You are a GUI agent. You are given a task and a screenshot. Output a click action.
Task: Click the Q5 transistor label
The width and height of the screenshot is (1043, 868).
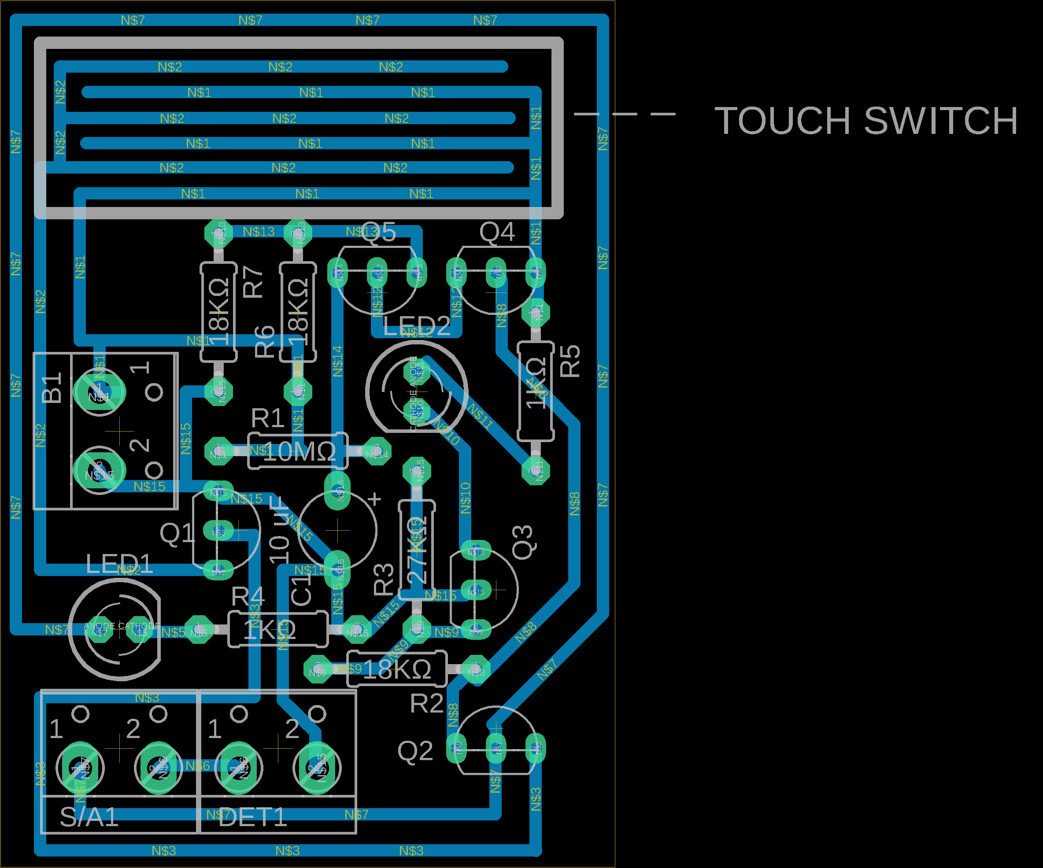click(x=378, y=232)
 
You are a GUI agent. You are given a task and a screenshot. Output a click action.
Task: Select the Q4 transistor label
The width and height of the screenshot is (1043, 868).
click(x=497, y=232)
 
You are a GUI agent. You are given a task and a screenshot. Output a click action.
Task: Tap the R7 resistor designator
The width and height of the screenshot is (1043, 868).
click(x=253, y=282)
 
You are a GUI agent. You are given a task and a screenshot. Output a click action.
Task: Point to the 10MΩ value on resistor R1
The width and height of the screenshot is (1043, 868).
click(x=299, y=452)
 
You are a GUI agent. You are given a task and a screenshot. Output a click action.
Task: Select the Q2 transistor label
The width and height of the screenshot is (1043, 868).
click(x=415, y=751)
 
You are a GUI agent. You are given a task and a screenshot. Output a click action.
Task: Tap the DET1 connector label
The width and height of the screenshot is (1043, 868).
click(x=253, y=817)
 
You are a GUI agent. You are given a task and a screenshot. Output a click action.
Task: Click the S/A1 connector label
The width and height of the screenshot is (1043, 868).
click(x=89, y=817)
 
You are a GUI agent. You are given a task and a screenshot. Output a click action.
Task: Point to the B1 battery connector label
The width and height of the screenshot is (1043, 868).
click(x=52, y=388)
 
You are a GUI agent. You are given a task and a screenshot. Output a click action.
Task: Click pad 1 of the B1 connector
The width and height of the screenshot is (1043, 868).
click(x=100, y=392)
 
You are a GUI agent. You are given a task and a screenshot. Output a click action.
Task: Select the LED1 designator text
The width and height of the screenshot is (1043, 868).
click(x=119, y=564)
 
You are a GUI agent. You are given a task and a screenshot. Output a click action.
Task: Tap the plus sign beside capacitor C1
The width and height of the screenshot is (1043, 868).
click(x=375, y=499)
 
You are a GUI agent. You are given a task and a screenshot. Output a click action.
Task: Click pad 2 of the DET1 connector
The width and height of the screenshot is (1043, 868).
click(x=317, y=768)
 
